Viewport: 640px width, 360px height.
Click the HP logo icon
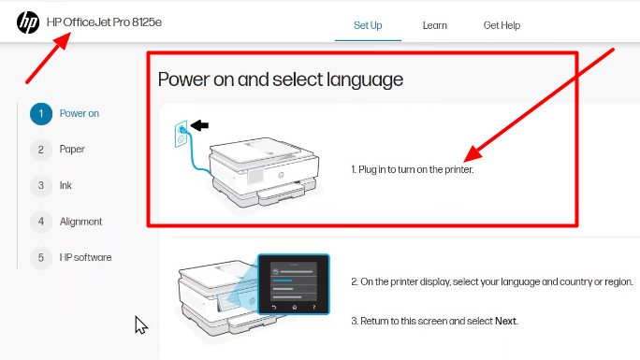tap(28, 22)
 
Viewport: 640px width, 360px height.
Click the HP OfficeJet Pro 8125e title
tap(104, 22)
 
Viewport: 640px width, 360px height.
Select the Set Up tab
tap(368, 25)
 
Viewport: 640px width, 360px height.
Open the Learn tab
tap(434, 25)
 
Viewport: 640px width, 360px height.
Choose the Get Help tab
tap(502, 25)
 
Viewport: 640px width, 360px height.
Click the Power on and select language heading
tap(280, 79)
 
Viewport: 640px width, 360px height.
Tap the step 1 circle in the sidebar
tap(40, 114)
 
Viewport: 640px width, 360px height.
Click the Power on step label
tap(80, 114)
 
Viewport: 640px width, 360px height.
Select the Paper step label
tap(72, 150)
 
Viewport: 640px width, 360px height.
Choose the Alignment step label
tap(80, 222)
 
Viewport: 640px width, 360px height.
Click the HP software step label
tap(85, 257)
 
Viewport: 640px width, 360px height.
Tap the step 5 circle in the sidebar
tap(40, 257)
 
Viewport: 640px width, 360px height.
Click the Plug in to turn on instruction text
tap(413, 170)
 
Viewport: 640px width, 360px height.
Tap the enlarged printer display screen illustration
tap(293, 281)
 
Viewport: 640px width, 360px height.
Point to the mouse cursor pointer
tap(140, 324)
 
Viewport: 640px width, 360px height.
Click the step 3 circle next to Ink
tap(40, 185)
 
